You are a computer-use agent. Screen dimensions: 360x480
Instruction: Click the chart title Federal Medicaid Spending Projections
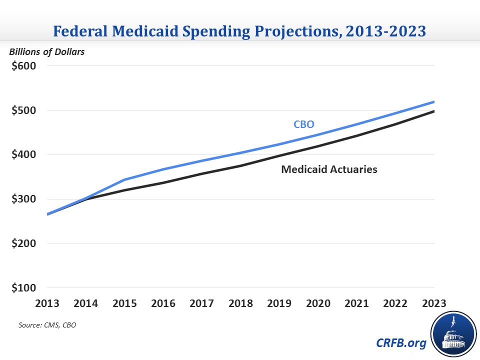click(239, 31)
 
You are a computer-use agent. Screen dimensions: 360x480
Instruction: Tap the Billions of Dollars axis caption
click(46, 52)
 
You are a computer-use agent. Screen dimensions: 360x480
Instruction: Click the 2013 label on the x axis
click(47, 303)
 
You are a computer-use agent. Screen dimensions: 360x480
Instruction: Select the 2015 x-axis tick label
click(125, 303)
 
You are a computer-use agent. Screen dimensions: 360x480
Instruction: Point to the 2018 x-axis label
click(241, 303)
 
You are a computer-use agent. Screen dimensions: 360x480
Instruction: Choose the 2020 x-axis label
click(318, 303)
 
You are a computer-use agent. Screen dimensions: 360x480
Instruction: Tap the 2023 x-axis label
click(434, 303)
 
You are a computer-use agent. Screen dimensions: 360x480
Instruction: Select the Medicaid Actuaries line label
click(329, 169)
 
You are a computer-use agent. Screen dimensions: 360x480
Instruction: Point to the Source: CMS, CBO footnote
click(47, 325)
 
